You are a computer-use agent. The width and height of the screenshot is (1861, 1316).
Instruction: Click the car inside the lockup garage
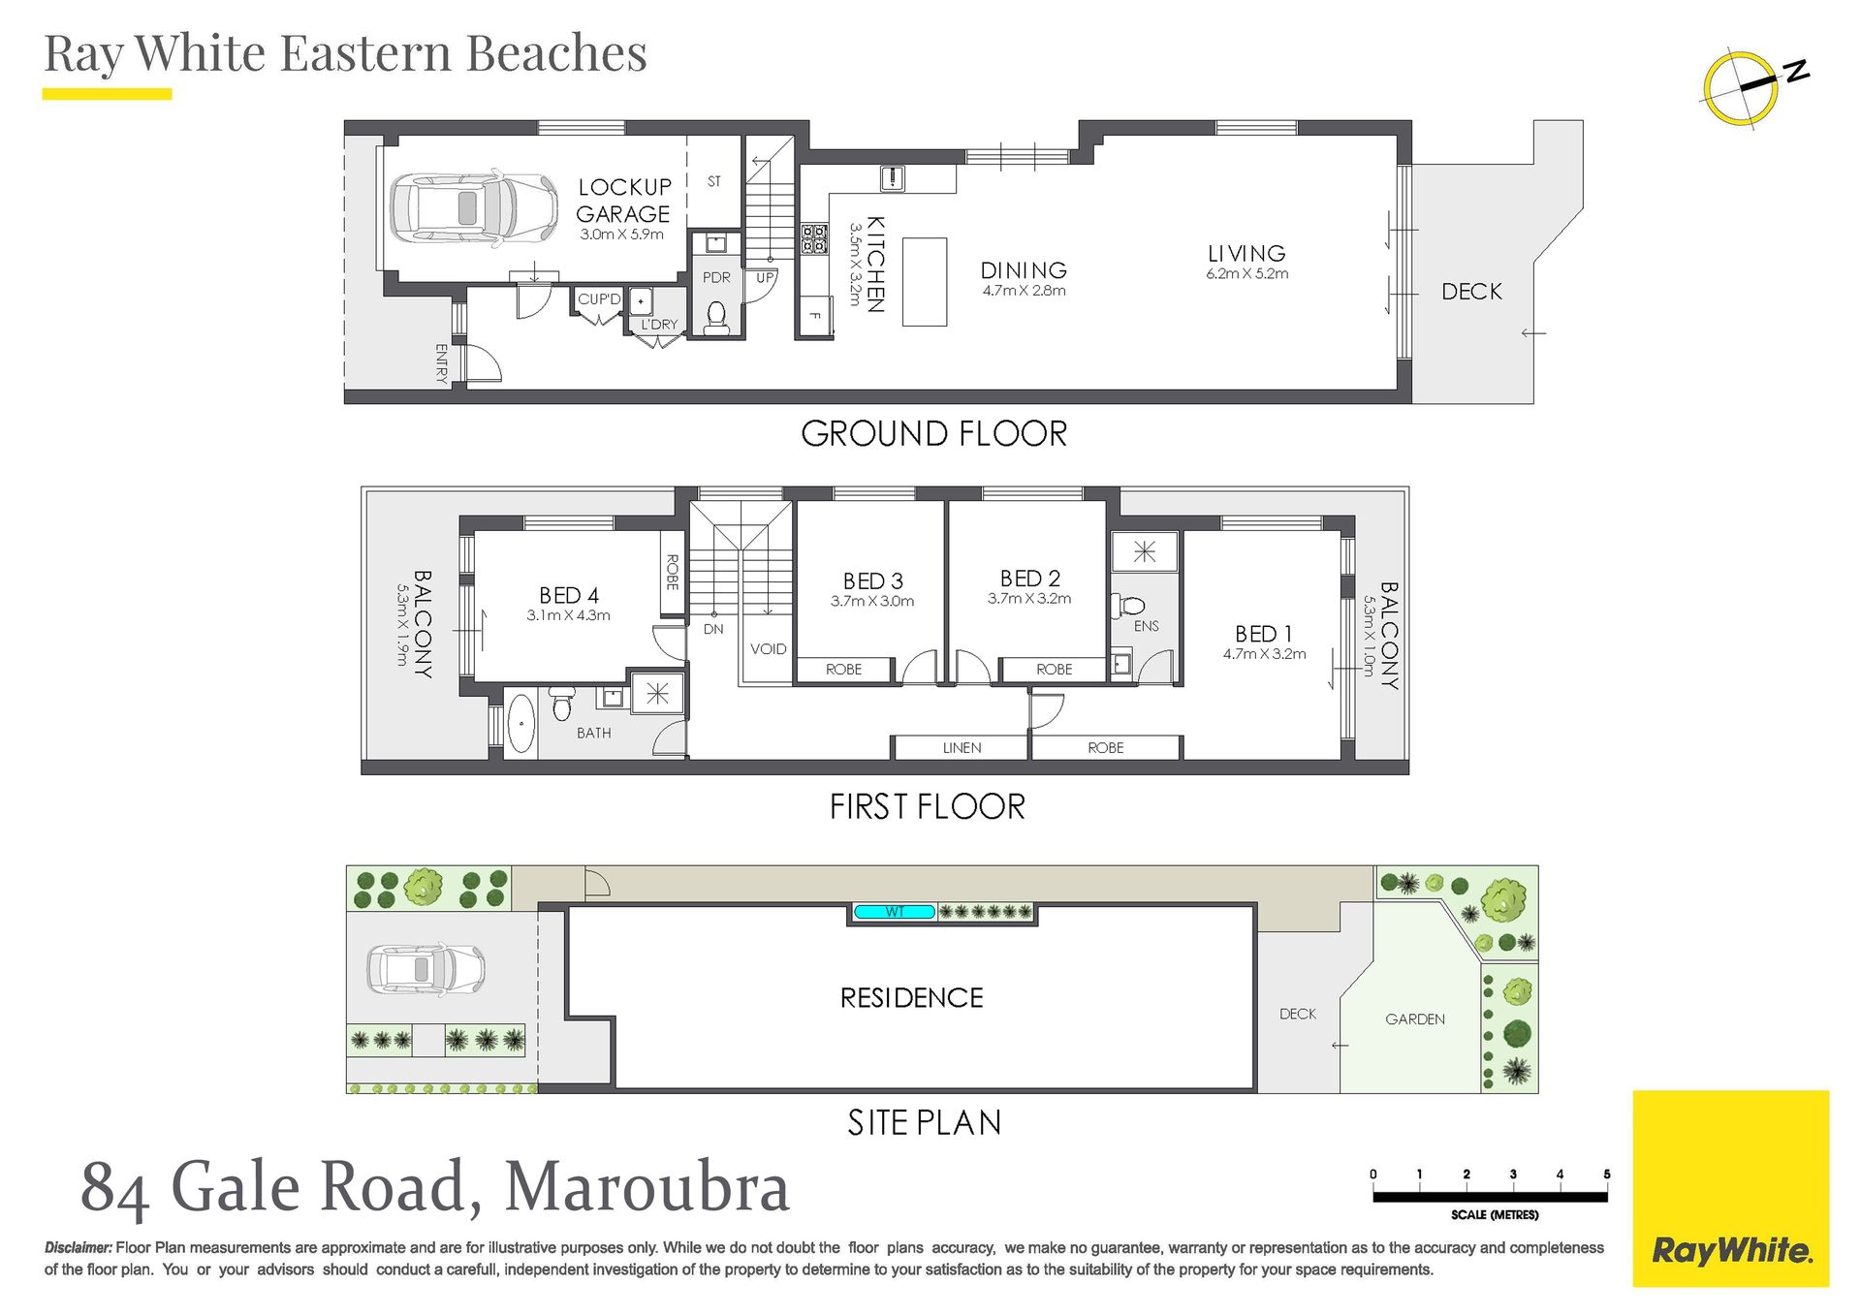pyautogui.click(x=474, y=207)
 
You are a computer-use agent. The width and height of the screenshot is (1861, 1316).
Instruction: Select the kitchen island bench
pyautogui.click(x=925, y=282)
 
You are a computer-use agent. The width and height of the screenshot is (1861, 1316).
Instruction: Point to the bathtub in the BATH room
pyautogui.click(x=521, y=722)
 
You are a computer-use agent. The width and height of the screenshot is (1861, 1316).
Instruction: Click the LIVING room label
pyautogui.click(x=1246, y=253)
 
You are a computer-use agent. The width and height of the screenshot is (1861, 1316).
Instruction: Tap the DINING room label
pyautogui.click(x=1024, y=270)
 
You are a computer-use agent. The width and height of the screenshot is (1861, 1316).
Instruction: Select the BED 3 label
pyautogui.click(x=872, y=580)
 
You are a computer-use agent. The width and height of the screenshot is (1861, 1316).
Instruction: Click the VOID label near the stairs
pyautogui.click(x=769, y=649)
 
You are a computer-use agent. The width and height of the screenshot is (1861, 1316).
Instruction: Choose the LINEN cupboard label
pyautogui.click(x=962, y=748)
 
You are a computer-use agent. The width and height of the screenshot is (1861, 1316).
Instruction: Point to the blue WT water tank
pyautogui.click(x=895, y=912)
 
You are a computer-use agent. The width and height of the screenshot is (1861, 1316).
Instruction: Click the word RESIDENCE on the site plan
pyautogui.click(x=911, y=998)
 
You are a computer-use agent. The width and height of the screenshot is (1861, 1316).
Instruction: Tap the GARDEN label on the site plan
pyautogui.click(x=1415, y=1019)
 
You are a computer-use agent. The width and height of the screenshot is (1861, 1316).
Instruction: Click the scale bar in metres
pyautogui.click(x=1490, y=1197)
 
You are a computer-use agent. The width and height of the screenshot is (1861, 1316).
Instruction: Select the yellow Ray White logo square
pyautogui.click(x=1731, y=1189)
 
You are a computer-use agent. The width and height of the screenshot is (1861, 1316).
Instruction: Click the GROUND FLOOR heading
pyautogui.click(x=933, y=433)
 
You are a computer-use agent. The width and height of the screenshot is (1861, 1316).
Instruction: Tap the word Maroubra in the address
pyautogui.click(x=647, y=1187)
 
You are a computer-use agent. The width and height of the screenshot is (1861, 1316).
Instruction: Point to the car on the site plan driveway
pyautogui.click(x=426, y=969)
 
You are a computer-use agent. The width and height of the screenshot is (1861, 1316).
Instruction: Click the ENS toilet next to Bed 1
pyautogui.click(x=1127, y=607)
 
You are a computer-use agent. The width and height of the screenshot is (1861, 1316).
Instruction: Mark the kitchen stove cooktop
pyautogui.click(x=814, y=239)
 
